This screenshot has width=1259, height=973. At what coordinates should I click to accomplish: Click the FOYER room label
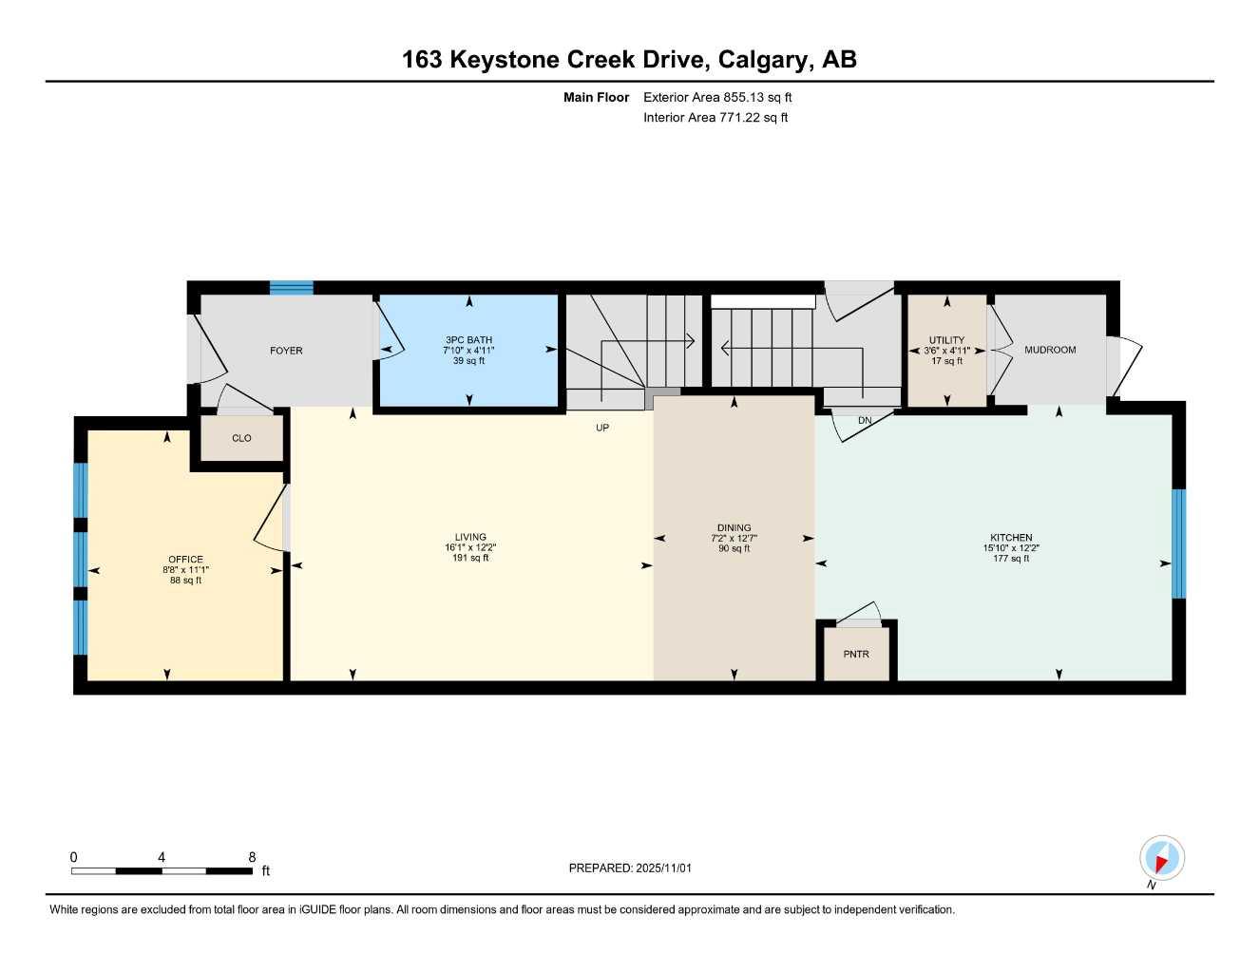pos(286,351)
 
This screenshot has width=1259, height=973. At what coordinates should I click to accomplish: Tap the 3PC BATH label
pos(468,340)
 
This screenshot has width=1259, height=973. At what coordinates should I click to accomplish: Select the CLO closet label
pos(241,438)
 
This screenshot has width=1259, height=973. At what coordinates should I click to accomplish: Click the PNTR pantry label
pos(856,654)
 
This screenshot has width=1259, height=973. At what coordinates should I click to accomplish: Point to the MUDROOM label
pos(1050,350)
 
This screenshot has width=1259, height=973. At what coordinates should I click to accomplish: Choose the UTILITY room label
pos(946,340)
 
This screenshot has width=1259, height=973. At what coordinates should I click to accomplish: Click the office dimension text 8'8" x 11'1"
pos(185,570)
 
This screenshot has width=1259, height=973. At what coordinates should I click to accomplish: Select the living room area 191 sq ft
pos(470,558)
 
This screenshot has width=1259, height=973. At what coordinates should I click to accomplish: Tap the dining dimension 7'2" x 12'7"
pos(734,538)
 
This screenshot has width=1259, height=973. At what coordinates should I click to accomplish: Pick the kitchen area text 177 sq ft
pos(1011,559)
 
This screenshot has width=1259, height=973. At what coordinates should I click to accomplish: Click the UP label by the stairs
pos(602,428)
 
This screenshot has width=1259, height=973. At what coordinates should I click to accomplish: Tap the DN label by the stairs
pos(865,420)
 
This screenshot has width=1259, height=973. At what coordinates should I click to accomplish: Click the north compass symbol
pos(1161,858)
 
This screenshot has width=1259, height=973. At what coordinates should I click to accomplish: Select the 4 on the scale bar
pos(162,857)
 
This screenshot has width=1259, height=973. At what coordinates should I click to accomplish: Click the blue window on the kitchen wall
pos(1178,544)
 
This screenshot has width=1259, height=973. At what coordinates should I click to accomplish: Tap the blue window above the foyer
pos(291,288)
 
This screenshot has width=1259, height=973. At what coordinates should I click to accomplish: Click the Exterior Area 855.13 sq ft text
pos(717,97)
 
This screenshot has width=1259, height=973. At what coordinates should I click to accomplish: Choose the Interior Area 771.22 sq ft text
pos(715,118)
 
